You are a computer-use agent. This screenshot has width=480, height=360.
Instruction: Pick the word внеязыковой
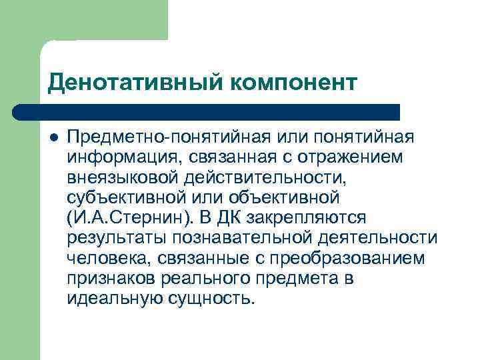coord(123,177)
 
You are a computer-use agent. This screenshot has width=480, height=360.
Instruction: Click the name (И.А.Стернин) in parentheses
coord(130,218)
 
